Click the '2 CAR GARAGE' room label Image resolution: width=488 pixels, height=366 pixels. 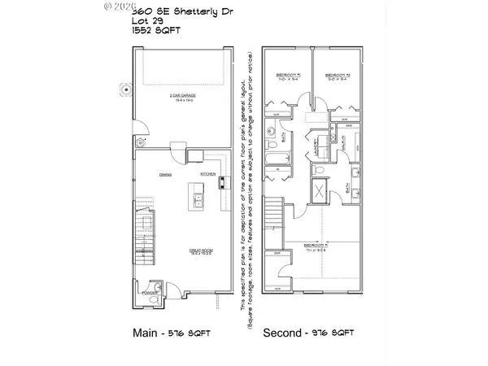[x=181, y=96]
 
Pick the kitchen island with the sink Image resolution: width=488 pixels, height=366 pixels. [x=197, y=198]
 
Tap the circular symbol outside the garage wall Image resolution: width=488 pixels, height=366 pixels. [x=124, y=88]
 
